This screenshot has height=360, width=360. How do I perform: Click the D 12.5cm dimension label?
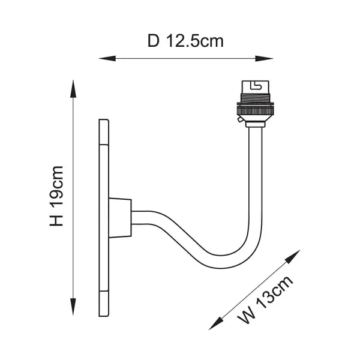[x=185, y=41]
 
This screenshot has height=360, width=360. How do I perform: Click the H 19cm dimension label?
[x=56, y=196]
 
